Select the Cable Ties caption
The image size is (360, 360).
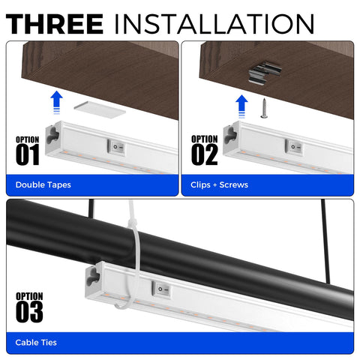point(36,343)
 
